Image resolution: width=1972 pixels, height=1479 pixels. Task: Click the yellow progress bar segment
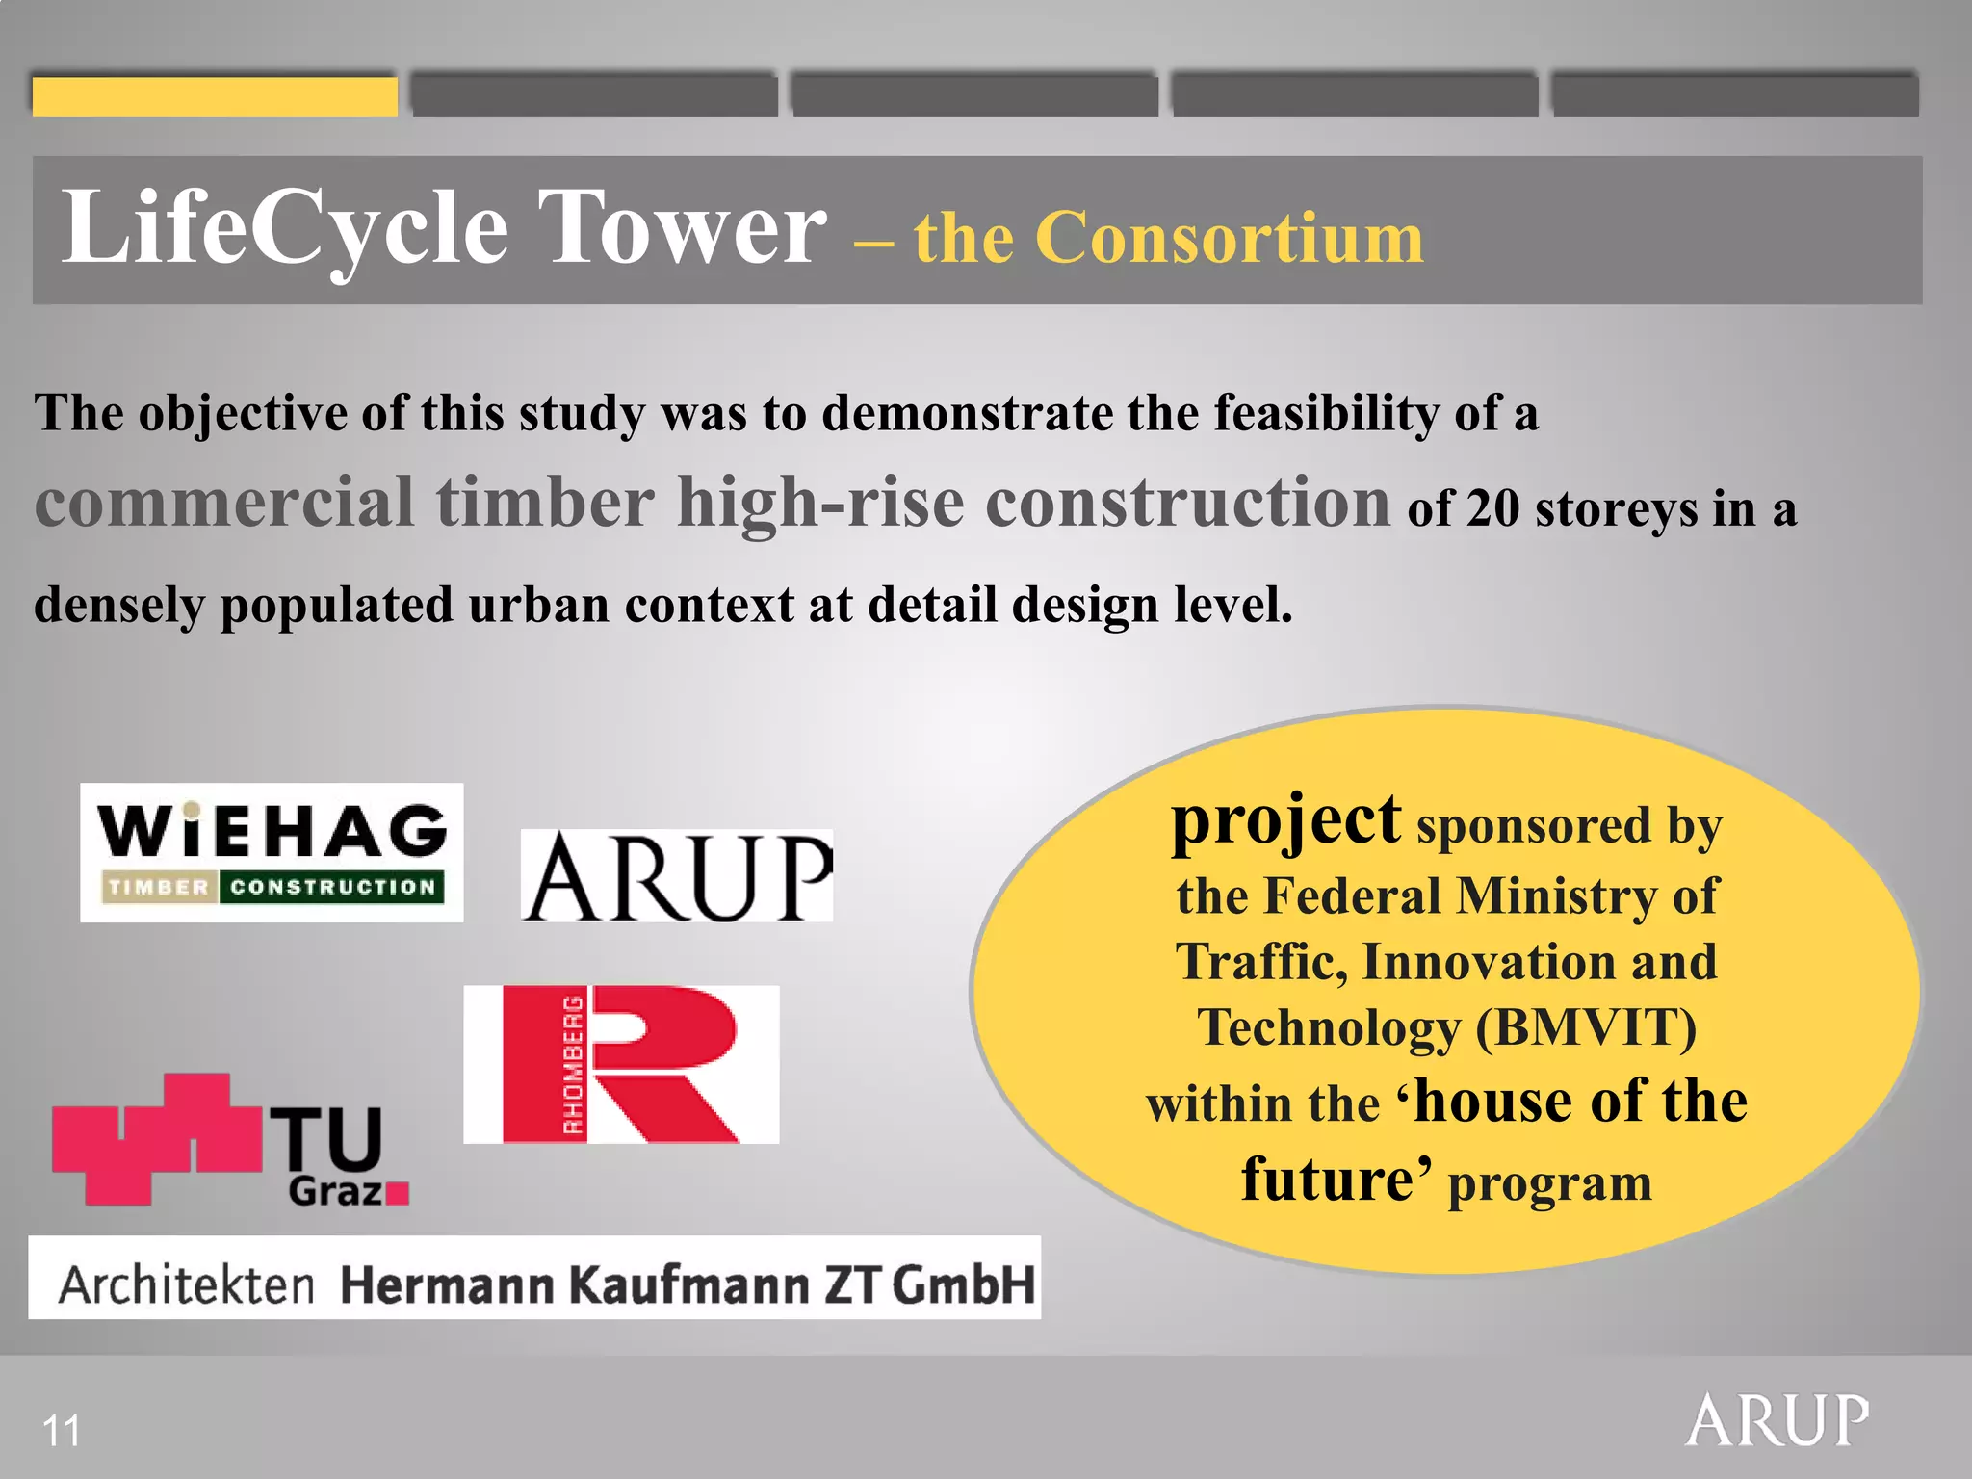coord(215,96)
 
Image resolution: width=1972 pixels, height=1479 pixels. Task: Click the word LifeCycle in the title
coord(285,229)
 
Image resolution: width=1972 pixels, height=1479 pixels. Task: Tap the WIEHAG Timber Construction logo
coord(272,852)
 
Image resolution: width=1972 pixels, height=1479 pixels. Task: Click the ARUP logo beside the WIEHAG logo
coord(677,875)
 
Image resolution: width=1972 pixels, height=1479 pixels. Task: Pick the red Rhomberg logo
coord(621,1064)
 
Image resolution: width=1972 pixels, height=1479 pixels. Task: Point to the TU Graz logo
coord(231,1141)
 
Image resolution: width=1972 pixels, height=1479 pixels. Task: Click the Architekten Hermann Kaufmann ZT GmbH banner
coord(534,1278)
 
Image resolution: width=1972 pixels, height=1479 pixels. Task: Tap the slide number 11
coord(62,1431)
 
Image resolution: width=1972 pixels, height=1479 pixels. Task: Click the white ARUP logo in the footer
coord(1777,1420)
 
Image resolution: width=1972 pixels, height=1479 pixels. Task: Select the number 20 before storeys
coord(1492,508)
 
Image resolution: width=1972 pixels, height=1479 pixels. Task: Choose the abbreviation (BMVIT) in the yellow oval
coord(1586,1027)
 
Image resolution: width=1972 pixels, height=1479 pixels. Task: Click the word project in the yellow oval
coord(1285,821)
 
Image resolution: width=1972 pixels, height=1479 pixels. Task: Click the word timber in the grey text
coord(545,502)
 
